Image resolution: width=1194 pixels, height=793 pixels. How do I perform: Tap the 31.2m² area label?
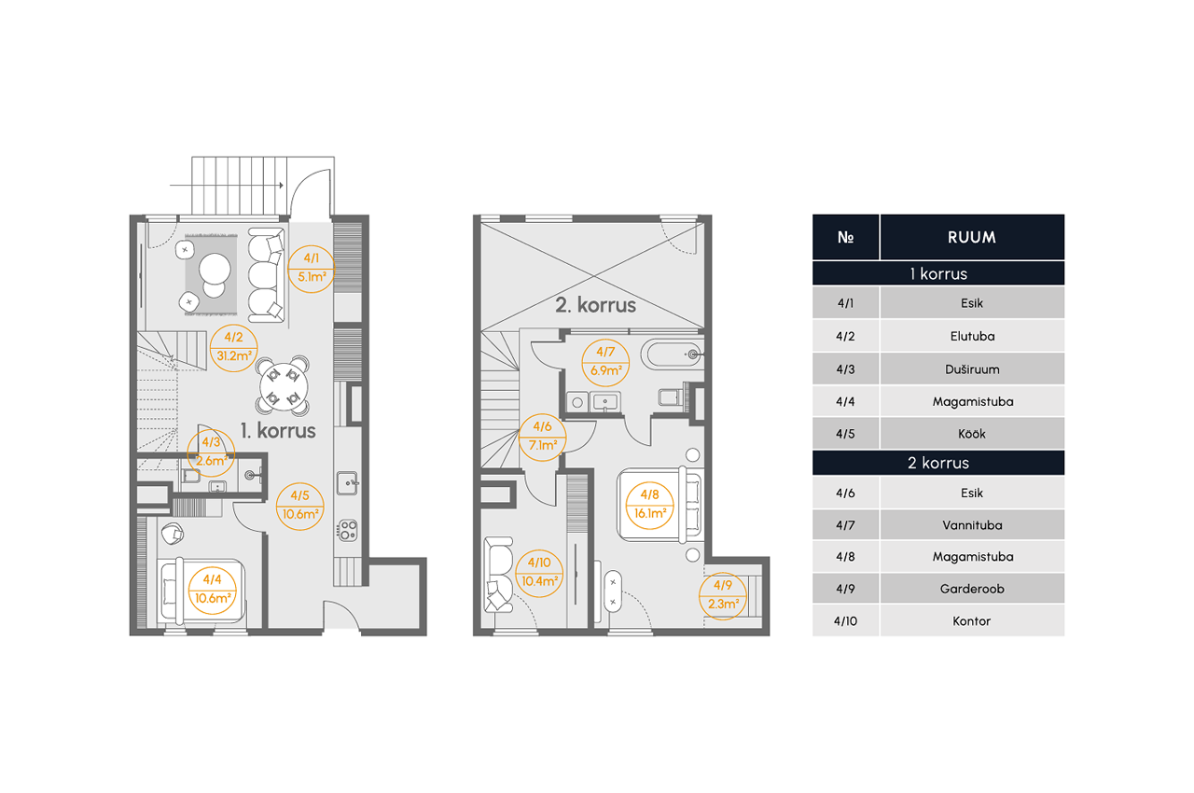pos(234,356)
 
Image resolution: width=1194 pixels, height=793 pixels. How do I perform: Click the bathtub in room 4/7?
pos(673,355)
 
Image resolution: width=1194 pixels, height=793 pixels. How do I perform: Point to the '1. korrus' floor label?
pos(278,431)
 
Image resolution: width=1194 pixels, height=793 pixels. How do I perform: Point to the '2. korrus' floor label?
pos(595,305)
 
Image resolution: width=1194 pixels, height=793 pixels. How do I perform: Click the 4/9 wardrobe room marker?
pos(723,595)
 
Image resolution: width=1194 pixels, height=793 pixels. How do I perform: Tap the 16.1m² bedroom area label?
pos(650,513)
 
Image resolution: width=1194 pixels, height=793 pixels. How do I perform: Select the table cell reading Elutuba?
pos(972,336)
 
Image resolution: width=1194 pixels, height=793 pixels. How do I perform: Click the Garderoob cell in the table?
pos(972,589)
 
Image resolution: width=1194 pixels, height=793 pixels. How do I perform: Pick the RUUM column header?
pos(972,237)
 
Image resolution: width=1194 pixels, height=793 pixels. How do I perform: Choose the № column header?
pos(845,237)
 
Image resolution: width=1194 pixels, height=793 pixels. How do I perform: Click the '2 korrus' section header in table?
pos(938,463)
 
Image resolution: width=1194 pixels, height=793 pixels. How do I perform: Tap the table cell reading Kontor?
pos(972,620)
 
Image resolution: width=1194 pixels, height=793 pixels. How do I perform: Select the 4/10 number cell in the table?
pos(845,620)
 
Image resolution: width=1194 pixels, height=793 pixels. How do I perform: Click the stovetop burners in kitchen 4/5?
pos(347,530)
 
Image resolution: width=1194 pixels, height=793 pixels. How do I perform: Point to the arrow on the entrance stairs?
pos(227,186)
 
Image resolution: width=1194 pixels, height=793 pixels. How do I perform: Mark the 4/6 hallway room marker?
pos(542,437)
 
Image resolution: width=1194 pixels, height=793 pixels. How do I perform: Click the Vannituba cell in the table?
pos(972,525)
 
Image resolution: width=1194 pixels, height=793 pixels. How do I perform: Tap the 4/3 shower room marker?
pos(212,452)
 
